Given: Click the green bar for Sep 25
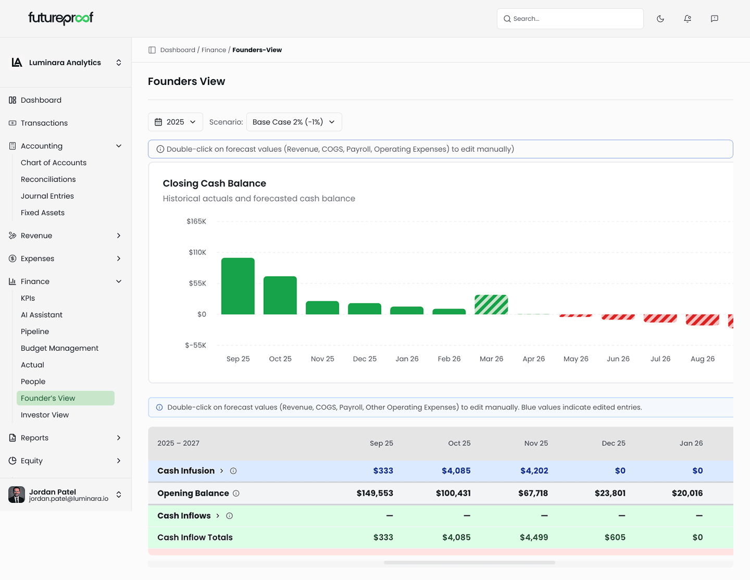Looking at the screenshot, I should coord(238,286).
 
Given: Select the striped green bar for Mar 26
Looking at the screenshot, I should coord(491,305).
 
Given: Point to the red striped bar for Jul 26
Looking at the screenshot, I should coord(660,318).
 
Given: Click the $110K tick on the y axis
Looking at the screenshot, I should coord(197,252).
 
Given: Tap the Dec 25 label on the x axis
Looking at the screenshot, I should coord(365,359).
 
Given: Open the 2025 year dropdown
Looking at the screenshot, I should coord(176,122).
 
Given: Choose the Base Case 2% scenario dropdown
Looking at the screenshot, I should coord(294,122).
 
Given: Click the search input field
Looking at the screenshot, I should coord(570,19).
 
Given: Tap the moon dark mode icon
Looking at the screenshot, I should coord(660,19).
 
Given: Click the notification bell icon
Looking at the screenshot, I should coord(687,19).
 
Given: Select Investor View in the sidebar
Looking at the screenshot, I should coord(45,415).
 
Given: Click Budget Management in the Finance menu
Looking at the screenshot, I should coord(59,348).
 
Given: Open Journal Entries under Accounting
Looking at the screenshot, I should coord(47,196).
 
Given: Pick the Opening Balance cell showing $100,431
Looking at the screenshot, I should coord(453,493).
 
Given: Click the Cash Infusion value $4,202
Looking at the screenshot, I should coord(534,471).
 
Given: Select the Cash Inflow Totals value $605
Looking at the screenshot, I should coord(615,537).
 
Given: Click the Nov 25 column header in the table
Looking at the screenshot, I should coord(536,443).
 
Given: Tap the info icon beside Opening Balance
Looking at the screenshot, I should coord(236,493).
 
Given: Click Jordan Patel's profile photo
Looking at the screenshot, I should coord(17,495).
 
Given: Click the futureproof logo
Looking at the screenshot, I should coord(61,19).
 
